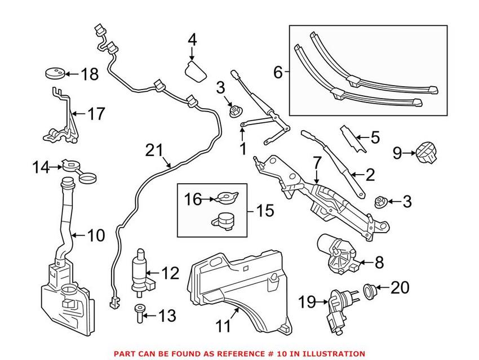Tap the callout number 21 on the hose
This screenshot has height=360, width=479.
coord(153,150)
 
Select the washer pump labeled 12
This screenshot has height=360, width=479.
coord(139,272)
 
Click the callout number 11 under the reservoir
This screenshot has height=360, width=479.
coord(224,326)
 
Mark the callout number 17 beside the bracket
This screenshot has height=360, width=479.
coord(95,114)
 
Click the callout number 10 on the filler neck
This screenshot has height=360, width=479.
coord(95,235)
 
